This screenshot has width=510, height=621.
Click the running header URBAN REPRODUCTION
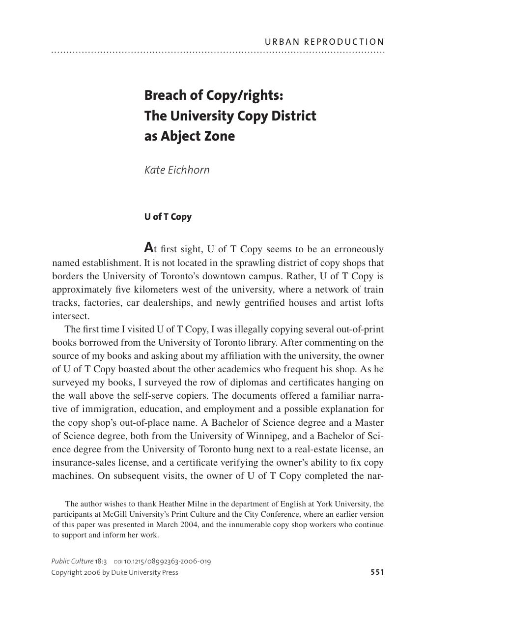[x=324, y=42]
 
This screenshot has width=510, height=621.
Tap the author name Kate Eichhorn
[x=177, y=170]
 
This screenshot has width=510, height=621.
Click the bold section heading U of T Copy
[x=168, y=217]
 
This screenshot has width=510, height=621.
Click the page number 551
[x=377, y=572]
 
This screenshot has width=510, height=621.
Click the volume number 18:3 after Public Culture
[x=101, y=562]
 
